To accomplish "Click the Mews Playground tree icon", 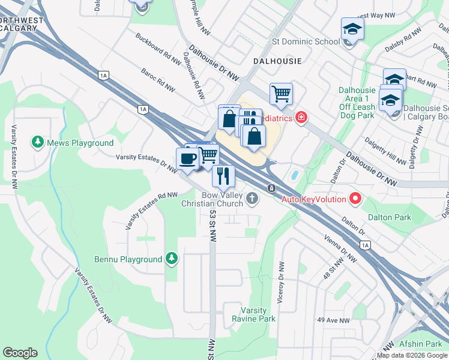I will pos(38,142).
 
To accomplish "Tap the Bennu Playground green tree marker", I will pos(172,259).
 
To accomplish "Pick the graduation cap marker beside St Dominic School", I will pos(352,28).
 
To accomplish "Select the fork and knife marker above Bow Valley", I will pos(223,175).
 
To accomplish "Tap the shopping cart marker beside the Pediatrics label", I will pos(280,94).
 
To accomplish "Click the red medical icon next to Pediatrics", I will pos(301,118).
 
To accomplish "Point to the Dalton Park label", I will pos(390,217).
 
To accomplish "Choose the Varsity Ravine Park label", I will pos(253,314).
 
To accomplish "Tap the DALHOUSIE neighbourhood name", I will pos(277,61).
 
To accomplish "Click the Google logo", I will pos(20,352).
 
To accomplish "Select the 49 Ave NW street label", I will pos(333,320).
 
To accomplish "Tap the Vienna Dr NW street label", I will pos(340,248).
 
